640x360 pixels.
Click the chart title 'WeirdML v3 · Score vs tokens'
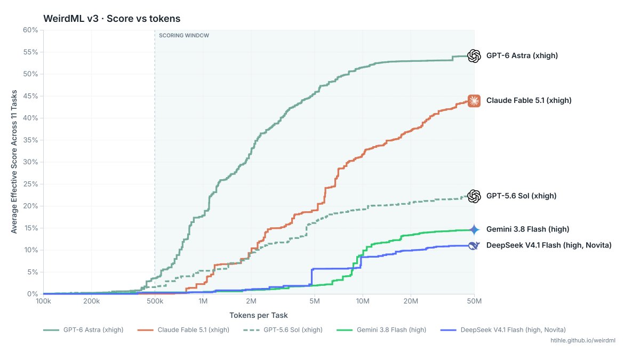point(111,19)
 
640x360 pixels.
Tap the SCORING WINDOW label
point(184,35)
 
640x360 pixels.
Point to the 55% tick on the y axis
point(30,52)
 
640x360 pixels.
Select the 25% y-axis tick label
point(30,184)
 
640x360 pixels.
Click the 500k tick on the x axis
point(155,301)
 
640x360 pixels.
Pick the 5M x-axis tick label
point(315,301)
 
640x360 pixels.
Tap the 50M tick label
point(474,301)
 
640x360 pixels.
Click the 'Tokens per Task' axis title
point(259,315)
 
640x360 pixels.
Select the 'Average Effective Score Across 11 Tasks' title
point(14,162)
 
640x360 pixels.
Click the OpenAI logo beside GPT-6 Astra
point(474,55)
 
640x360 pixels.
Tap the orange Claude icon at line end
point(474,101)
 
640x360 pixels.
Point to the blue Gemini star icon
point(474,229)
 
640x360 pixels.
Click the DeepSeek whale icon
point(474,245)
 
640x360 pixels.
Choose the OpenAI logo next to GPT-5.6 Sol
point(474,196)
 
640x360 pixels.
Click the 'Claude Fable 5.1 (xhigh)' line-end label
point(529,101)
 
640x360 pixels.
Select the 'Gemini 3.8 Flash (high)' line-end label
point(527,229)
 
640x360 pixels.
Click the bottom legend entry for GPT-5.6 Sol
point(283,330)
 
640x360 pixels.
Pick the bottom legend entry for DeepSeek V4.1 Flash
point(503,330)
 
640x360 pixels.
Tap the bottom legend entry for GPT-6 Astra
point(83,330)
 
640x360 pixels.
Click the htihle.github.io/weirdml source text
point(583,341)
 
